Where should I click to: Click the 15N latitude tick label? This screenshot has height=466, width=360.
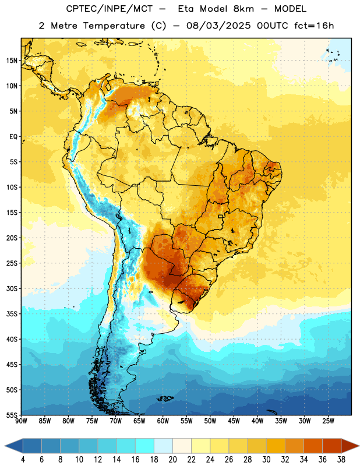12,61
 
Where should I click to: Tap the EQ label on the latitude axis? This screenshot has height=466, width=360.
13,137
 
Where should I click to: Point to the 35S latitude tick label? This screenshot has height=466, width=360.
12,314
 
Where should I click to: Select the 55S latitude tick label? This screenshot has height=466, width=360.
12,415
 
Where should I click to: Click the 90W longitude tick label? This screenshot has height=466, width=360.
21,421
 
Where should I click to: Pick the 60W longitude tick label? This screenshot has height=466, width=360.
163,421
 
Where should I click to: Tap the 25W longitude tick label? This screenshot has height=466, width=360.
328,421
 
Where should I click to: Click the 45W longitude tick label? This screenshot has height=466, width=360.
234,421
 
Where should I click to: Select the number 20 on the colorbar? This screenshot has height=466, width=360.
172,460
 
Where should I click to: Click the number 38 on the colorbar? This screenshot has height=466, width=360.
341,460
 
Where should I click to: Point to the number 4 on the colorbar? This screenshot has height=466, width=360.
23,460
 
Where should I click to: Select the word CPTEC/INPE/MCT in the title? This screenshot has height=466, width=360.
109,9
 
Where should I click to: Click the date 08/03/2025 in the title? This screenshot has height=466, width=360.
218,26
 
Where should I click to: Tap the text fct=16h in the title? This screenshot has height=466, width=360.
314,26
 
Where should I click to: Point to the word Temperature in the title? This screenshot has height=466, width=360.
114,26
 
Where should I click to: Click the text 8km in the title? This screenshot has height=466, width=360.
243,9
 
